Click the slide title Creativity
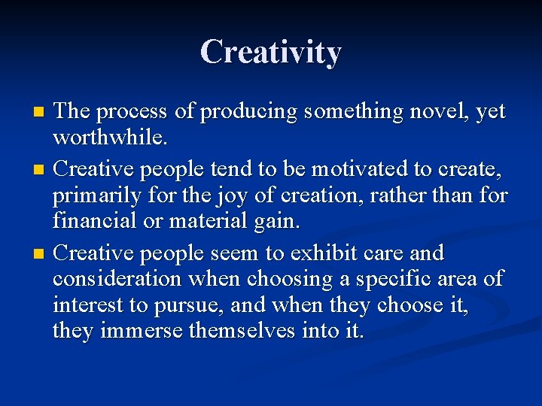coord(271,53)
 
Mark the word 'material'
coord(219,223)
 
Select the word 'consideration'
coord(117,279)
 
